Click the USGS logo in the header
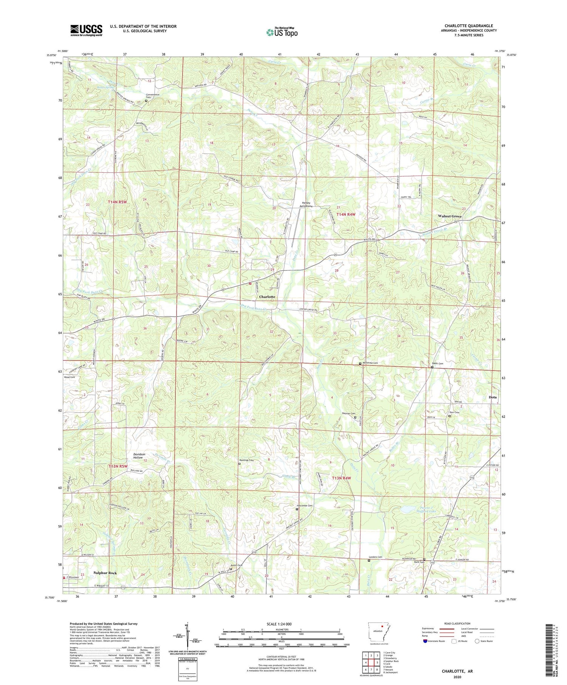pyautogui.click(x=86, y=30)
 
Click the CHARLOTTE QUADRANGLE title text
pyautogui.click(x=469, y=26)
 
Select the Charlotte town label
pyautogui.click(x=267, y=297)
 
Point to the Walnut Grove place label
pyautogui.click(x=449, y=216)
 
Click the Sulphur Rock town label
pyautogui.click(x=105, y=573)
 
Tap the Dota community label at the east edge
pyautogui.click(x=492, y=397)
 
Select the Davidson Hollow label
pyautogui.click(x=138, y=456)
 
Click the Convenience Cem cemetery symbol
pyautogui.click(x=146, y=101)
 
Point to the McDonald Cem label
pyautogui.click(x=370, y=363)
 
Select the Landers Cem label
pyautogui.click(x=375, y=557)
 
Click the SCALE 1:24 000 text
pyautogui.click(x=281, y=624)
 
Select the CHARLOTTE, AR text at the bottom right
pyautogui.click(x=457, y=671)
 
